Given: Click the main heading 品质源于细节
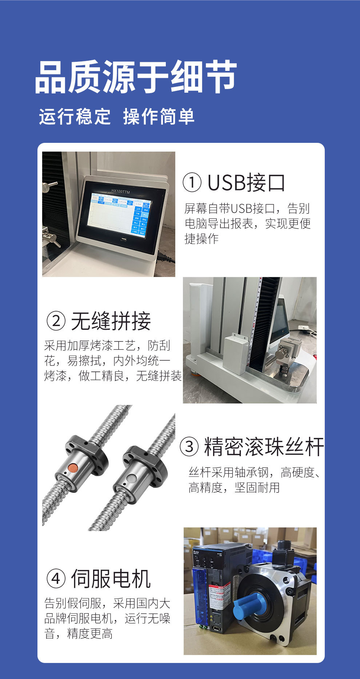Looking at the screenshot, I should [136, 77].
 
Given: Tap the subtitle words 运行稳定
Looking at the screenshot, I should [75, 117].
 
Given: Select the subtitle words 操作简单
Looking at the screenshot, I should [159, 117].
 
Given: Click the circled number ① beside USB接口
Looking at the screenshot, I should [192, 182].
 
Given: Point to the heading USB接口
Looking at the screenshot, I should [246, 182].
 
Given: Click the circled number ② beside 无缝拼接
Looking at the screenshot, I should [56, 321].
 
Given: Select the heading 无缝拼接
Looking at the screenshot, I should [111, 321].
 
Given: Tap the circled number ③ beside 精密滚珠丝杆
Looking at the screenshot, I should [189, 447].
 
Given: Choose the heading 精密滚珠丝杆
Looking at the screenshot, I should [264, 447].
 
